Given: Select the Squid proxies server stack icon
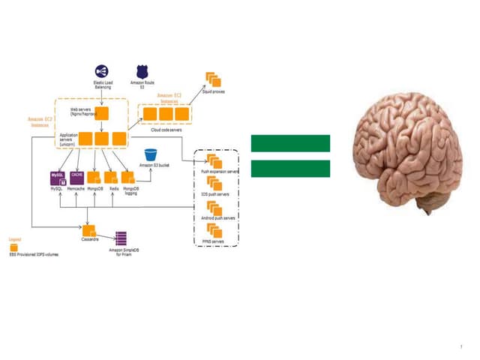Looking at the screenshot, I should click(212, 79).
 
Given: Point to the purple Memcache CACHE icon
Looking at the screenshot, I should click(76, 178).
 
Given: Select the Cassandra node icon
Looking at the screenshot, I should click(90, 229).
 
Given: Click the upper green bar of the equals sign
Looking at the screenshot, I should click(290, 143).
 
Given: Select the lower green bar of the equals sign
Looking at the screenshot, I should click(290, 168).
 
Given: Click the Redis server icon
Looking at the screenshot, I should click(111, 178).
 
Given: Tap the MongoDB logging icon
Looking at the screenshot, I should click(128, 178).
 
